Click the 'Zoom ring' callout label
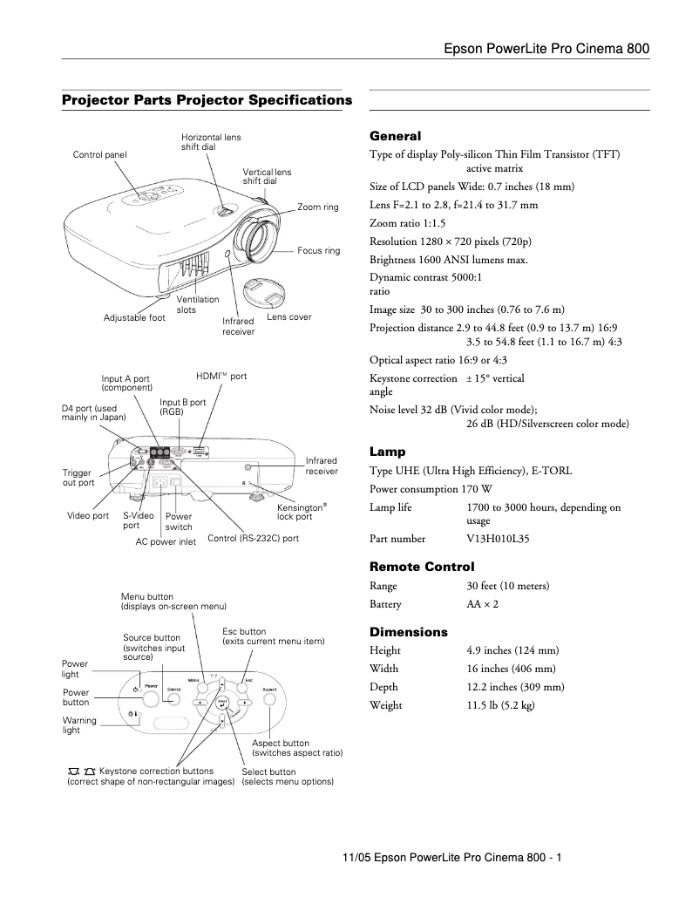(x=317, y=207)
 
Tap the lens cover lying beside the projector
(x=264, y=291)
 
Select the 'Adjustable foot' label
(x=134, y=318)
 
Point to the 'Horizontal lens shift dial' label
(x=211, y=142)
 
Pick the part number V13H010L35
(x=499, y=539)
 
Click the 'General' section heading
(x=395, y=136)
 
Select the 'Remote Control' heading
(x=422, y=567)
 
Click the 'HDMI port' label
(x=221, y=376)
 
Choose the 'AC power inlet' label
(x=166, y=541)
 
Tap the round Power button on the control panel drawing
(x=151, y=698)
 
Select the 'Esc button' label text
(x=245, y=631)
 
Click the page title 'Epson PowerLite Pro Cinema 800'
(x=546, y=49)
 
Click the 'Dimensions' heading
(x=409, y=632)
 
